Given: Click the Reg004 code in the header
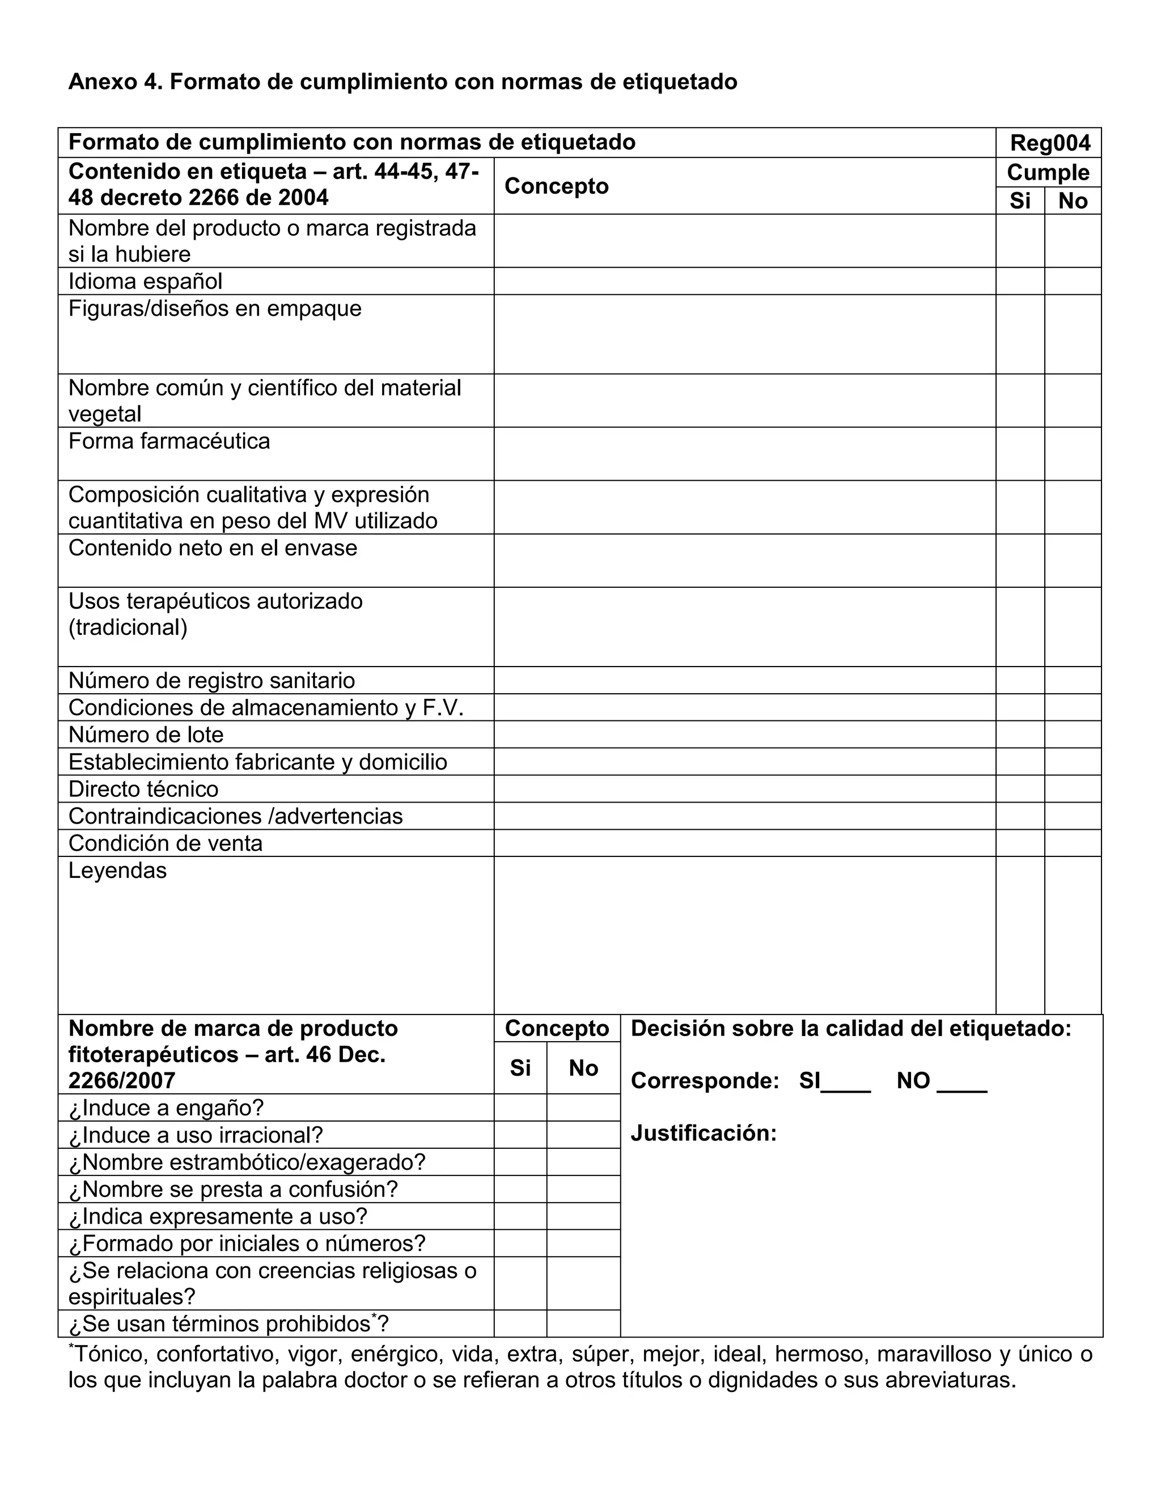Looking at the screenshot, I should (1049, 143).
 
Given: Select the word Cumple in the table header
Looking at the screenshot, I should (1048, 173).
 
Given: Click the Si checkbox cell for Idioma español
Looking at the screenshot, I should (1020, 281).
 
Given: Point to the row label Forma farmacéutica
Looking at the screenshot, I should (169, 441).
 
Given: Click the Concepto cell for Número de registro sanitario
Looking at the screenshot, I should (744, 680).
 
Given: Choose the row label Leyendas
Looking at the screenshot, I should (117, 871).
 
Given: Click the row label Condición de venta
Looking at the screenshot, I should (165, 843).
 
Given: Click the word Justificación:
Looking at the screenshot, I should (703, 1134).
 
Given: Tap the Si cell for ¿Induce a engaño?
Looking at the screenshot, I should (520, 1108).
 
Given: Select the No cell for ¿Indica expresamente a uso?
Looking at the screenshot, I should (583, 1216).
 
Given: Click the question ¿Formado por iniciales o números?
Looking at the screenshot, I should (247, 1244).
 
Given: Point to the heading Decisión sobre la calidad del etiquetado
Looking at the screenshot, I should (851, 1029).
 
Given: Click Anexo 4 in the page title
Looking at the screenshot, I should (113, 82).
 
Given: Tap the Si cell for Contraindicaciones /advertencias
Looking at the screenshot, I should (1020, 816).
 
